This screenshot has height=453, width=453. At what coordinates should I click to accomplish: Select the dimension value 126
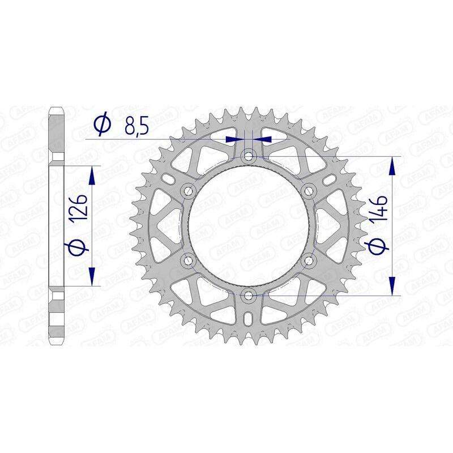[x=80, y=210]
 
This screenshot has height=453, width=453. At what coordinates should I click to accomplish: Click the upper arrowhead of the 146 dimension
[x=392, y=164]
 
